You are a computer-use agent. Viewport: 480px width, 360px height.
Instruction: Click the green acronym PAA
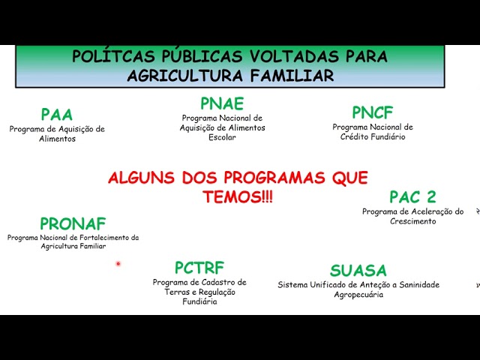[x=57, y=115]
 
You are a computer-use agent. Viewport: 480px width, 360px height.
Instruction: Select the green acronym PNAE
[x=222, y=103]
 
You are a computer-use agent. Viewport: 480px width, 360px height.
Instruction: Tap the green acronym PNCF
[x=373, y=112]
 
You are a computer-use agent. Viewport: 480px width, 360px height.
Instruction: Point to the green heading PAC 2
[x=412, y=196]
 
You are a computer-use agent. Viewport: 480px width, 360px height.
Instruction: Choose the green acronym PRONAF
[x=73, y=223]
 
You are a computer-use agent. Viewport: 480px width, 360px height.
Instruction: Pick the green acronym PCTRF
[x=199, y=268]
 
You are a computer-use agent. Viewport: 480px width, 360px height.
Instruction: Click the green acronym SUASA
[x=358, y=270]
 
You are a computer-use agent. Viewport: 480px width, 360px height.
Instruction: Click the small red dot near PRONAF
[x=118, y=263]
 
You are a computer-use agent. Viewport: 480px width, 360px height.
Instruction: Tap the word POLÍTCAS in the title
[x=114, y=56]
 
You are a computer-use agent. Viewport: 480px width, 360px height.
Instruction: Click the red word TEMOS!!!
[x=238, y=196]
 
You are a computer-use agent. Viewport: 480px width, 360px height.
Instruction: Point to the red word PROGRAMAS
[x=274, y=178]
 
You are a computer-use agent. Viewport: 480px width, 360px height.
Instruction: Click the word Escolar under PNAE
[x=222, y=137]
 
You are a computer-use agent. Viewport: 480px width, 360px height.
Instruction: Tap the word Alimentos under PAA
[x=57, y=139]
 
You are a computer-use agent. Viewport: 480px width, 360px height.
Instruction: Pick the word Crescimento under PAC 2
[x=412, y=221]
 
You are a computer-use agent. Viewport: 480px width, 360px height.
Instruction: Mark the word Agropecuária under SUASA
[x=358, y=295]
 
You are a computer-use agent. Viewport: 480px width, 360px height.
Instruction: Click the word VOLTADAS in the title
[x=294, y=56]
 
